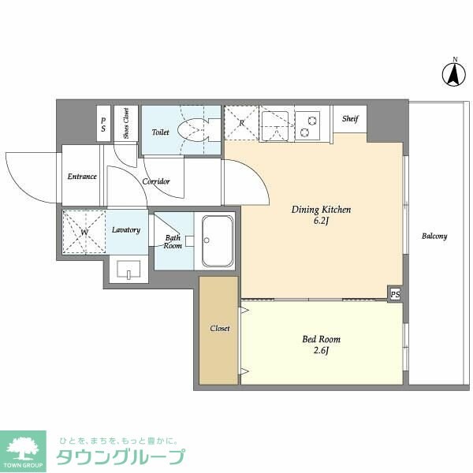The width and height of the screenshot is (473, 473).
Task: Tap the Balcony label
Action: tap(434, 236)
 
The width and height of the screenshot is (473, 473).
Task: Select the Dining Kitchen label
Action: tap(321, 210)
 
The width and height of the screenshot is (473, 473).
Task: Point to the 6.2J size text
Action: tap(321, 222)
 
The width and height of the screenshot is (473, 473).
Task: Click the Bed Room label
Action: tap(322, 340)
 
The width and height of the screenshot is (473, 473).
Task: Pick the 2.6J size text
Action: tap(322, 352)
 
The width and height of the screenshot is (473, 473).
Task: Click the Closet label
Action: tap(220, 329)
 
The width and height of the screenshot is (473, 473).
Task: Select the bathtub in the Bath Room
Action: tap(217, 240)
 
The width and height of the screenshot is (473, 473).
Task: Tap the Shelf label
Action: tap(350, 119)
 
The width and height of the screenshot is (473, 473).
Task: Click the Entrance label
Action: tap(82, 177)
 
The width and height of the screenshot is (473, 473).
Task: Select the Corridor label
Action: tap(156, 182)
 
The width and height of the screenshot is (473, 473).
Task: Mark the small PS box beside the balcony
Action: tap(394, 294)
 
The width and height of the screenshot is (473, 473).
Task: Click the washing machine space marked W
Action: tap(84, 232)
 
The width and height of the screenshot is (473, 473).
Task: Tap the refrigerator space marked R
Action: tap(240, 123)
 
